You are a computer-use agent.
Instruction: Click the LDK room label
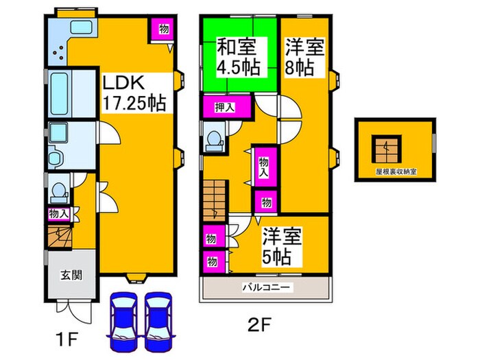click(x=123, y=84)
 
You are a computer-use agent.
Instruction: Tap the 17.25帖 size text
click(x=134, y=104)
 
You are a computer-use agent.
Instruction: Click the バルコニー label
click(x=266, y=287)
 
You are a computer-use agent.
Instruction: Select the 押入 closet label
click(x=223, y=107)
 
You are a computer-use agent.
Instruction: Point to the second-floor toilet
click(x=214, y=139)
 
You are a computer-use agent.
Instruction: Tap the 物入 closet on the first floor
click(x=59, y=214)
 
